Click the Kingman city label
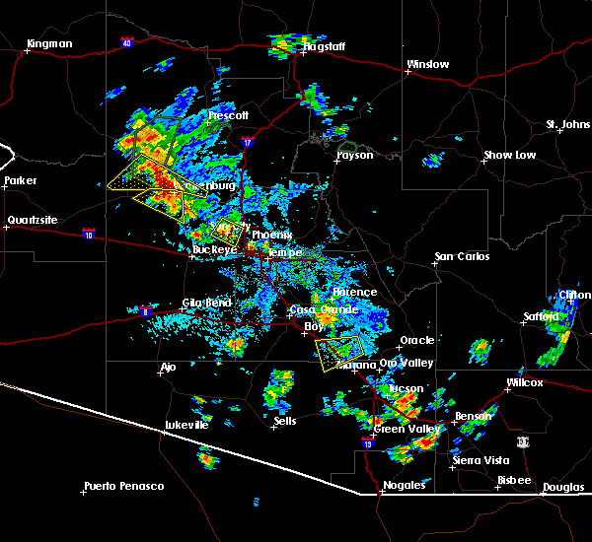tap(50, 43)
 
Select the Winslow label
tap(427, 65)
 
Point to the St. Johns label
tap(567, 125)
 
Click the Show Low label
tap(509, 156)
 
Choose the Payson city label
tap(355, 156)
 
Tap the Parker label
tap(20, 181)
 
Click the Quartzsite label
tap(29, 220)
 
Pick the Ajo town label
tap(169, 368)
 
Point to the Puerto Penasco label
tap(124, 486)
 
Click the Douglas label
tap(562, 487)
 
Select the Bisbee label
tap(514, 480)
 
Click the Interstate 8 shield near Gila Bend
tap(146, 311)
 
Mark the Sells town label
tap(285, 421)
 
